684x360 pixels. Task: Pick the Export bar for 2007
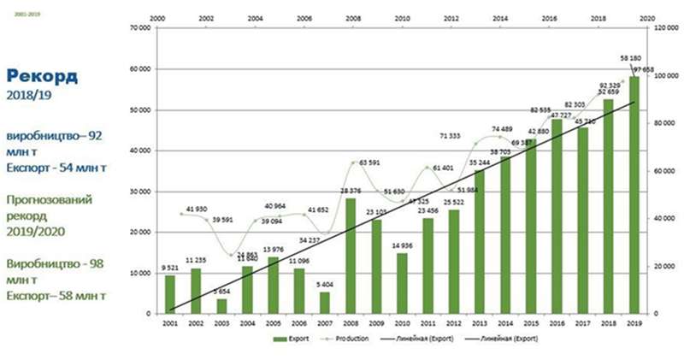click(x=324, y=303)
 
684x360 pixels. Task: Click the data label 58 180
click(x=633, y=59)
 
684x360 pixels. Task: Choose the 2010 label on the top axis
click(x=402, y=17)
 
